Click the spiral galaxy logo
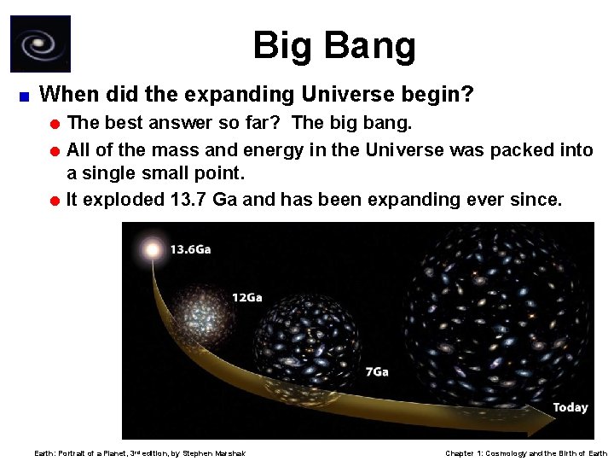click(x=40, y=44)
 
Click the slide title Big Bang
click(x=334, y=46)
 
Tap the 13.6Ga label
click(x=190, y=249)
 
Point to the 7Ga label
click(x=376, y=371)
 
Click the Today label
click(x=570, y=407)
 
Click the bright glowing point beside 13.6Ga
click(x=153, y=250)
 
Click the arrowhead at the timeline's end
click(x=537, y=420)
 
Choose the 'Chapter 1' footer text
click(x=467, y=453)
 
